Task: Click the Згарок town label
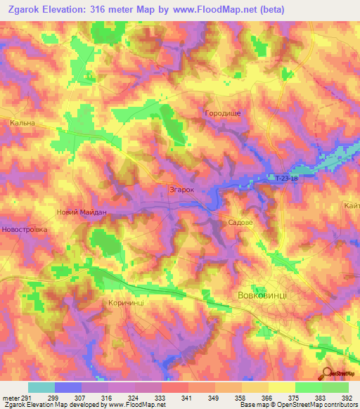[181, 190]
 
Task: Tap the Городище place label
[222, 113]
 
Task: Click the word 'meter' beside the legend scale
[8, 397]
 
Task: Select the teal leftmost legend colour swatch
[41, 387]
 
